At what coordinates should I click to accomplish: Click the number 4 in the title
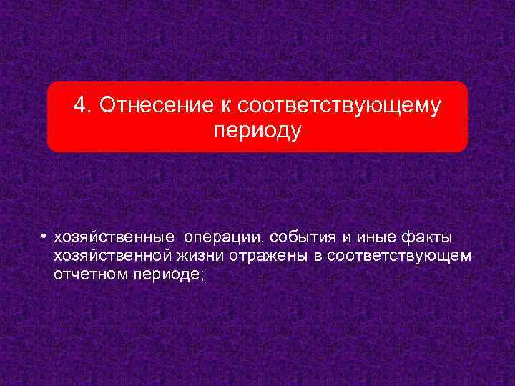[79, 106]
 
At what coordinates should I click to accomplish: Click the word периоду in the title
[257, 131]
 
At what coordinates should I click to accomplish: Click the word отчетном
[87, 274]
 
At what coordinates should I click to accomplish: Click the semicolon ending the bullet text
[202, 275]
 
